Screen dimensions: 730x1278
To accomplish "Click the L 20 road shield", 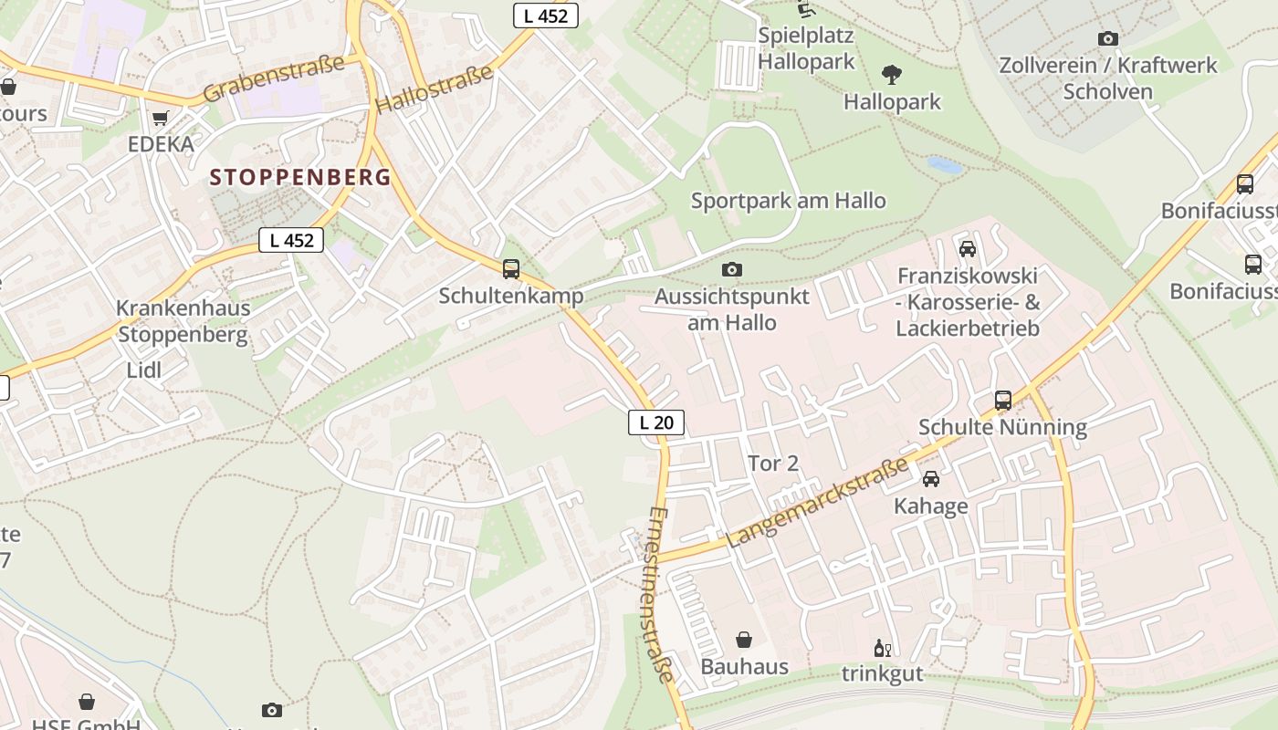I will (x=655, y=422).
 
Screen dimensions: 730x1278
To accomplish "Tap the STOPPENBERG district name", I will (x=300, y=177).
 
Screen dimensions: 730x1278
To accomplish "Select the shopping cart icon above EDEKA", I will (x=161, y=119).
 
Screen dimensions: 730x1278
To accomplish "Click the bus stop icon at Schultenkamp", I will (x=511, y=269).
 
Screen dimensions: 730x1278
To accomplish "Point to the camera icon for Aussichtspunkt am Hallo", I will (x=731, y=269).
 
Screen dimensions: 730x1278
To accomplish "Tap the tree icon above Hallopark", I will (x=892, y=75).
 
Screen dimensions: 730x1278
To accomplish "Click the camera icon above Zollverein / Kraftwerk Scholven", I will (x=1107, y=38).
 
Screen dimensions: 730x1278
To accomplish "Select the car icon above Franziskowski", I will (x=968, y=249).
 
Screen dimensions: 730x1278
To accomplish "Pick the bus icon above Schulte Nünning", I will (x=1002, y=400).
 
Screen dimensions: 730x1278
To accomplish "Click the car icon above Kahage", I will (x=930, y=479).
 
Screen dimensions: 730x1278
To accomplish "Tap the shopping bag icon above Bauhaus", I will (x=744, y=640).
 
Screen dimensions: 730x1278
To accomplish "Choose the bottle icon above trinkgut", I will (x=882, y=648).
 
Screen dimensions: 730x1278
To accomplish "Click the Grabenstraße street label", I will (x=273, y=78).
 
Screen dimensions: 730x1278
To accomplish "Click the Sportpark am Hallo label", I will (x=788, y=201).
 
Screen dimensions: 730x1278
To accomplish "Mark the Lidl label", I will (x=144, y=370).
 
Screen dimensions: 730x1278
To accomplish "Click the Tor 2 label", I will (x=773, y=464).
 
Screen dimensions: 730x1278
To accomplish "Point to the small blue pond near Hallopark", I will (x=944, y=165).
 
